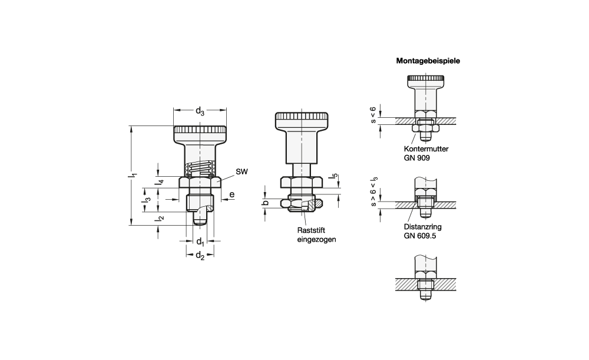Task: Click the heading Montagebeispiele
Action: [428, 61]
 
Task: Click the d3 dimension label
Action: [200, 111]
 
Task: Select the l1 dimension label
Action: [132, 176]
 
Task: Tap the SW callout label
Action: [242, 171]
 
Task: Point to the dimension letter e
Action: [232, 194]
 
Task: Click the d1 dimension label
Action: [200, 241]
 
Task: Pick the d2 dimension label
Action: [200, 256]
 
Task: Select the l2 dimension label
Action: [160, 218]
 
